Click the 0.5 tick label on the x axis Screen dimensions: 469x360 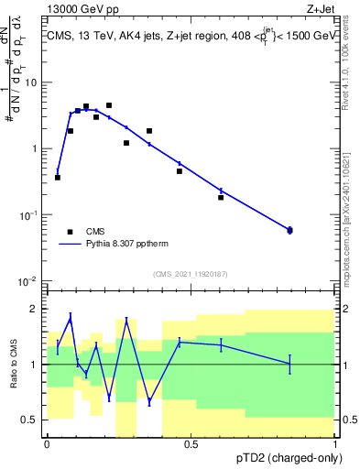(191, 444)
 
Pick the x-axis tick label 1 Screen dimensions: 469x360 (335, 444)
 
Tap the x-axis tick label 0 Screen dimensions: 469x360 (47, 444)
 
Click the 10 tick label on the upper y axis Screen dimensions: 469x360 (30, 82)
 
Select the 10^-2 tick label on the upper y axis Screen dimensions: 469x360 (27, 280)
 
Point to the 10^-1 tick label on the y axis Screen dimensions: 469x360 (27, 214)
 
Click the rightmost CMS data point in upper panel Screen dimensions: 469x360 (290, 230)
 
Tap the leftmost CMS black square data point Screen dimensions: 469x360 (58, 177)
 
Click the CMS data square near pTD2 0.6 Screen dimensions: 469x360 (221, 197)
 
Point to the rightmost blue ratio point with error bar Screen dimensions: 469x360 (290, 364)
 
